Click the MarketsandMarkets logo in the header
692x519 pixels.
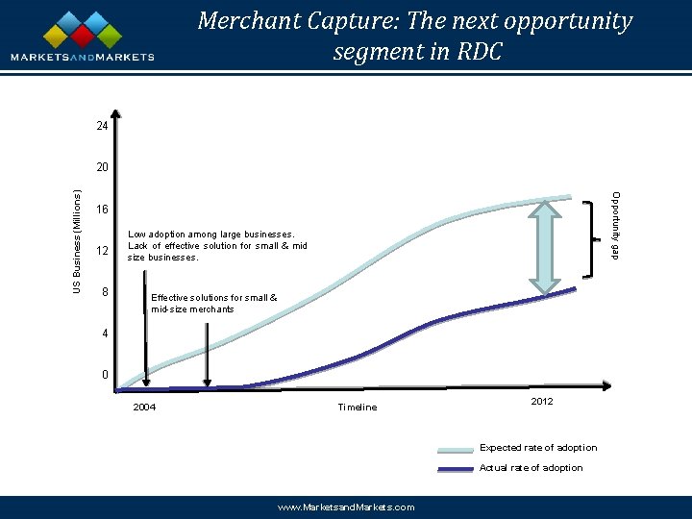click(x=83, y=37)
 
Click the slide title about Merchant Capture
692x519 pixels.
click(x=415, y=36)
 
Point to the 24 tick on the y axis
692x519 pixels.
click(x=101, y=126)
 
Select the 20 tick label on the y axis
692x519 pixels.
click(x=101, y=167)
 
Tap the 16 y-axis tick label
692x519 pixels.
click(x=101, y=210)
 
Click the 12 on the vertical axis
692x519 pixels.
click(x=101, y=251)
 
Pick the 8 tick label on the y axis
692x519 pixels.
click(x=104, y=291)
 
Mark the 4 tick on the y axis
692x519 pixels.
click(x=104, y=334)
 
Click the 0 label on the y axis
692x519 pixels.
click(x=104, y=375)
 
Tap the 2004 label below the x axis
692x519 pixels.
click(x=143, y=408)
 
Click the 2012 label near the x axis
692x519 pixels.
click(x=541, y=401)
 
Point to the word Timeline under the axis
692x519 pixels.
click(x=358, y=408)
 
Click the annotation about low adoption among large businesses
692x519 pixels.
click(x=217, y=245)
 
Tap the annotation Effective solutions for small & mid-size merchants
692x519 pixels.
click(x=213, y=303)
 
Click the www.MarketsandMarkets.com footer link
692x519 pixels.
click(x=346, y=507)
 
